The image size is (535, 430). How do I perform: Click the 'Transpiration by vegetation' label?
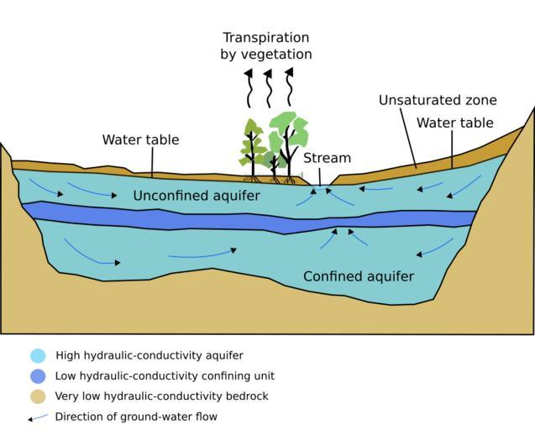coord(266,46)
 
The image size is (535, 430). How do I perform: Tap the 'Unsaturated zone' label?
coord(437,101)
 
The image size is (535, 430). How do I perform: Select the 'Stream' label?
coord(327,158)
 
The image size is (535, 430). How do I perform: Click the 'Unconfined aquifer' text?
coord(197,196)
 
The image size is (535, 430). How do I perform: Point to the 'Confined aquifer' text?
coord(359,275)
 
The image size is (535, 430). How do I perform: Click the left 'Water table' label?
coord(140,139)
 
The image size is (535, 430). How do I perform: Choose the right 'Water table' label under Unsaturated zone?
coord(454,123)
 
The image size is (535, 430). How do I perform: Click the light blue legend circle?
coord(37,355)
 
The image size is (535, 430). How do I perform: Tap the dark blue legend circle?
coord(37,375)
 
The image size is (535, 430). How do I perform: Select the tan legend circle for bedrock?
coord(37,396)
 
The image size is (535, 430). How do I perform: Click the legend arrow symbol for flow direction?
coord(37,417)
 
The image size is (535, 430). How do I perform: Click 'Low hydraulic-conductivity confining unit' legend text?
coord(165,375)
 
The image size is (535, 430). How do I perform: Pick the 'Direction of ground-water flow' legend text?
coord(136,417)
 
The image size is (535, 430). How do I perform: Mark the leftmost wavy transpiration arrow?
coord(249,87)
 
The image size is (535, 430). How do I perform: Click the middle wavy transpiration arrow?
coord(269,87)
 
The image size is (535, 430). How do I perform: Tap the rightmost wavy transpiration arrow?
coord(289,87)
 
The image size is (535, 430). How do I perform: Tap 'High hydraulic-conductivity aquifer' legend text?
coord(149,355)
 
